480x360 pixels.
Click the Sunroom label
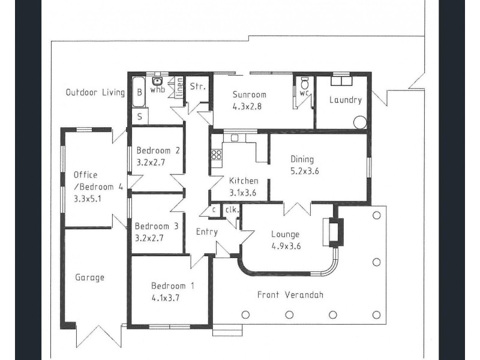[x=249, y=95]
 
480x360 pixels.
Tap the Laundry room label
[x=346, y=100]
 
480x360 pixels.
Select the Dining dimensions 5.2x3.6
[x=305, y=171]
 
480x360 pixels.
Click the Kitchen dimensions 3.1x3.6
[x=243, y=193]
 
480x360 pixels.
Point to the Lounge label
[x=286, y=235]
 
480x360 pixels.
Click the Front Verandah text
[x=290, y=295]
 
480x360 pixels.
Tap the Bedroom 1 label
[x=173, y=286]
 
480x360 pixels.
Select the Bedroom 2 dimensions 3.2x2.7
[x=151, y=162]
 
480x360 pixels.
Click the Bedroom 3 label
[x=157, y=226]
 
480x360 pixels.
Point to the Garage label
[x=89, y=277]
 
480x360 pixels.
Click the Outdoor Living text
[x=95, y=92]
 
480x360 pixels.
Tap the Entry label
[x=207, y=232]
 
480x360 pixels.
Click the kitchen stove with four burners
[x=217, y=154]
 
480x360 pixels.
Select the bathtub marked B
[x=139, y=92]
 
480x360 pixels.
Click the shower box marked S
[x=140, y=116]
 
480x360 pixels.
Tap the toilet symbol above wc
[x=305, y=83]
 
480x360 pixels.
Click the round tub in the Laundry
[x=360, y=122]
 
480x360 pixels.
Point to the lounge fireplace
[x=333, y=232]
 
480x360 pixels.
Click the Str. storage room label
[x=198, y=86]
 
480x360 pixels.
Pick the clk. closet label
[x=232, y=210]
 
